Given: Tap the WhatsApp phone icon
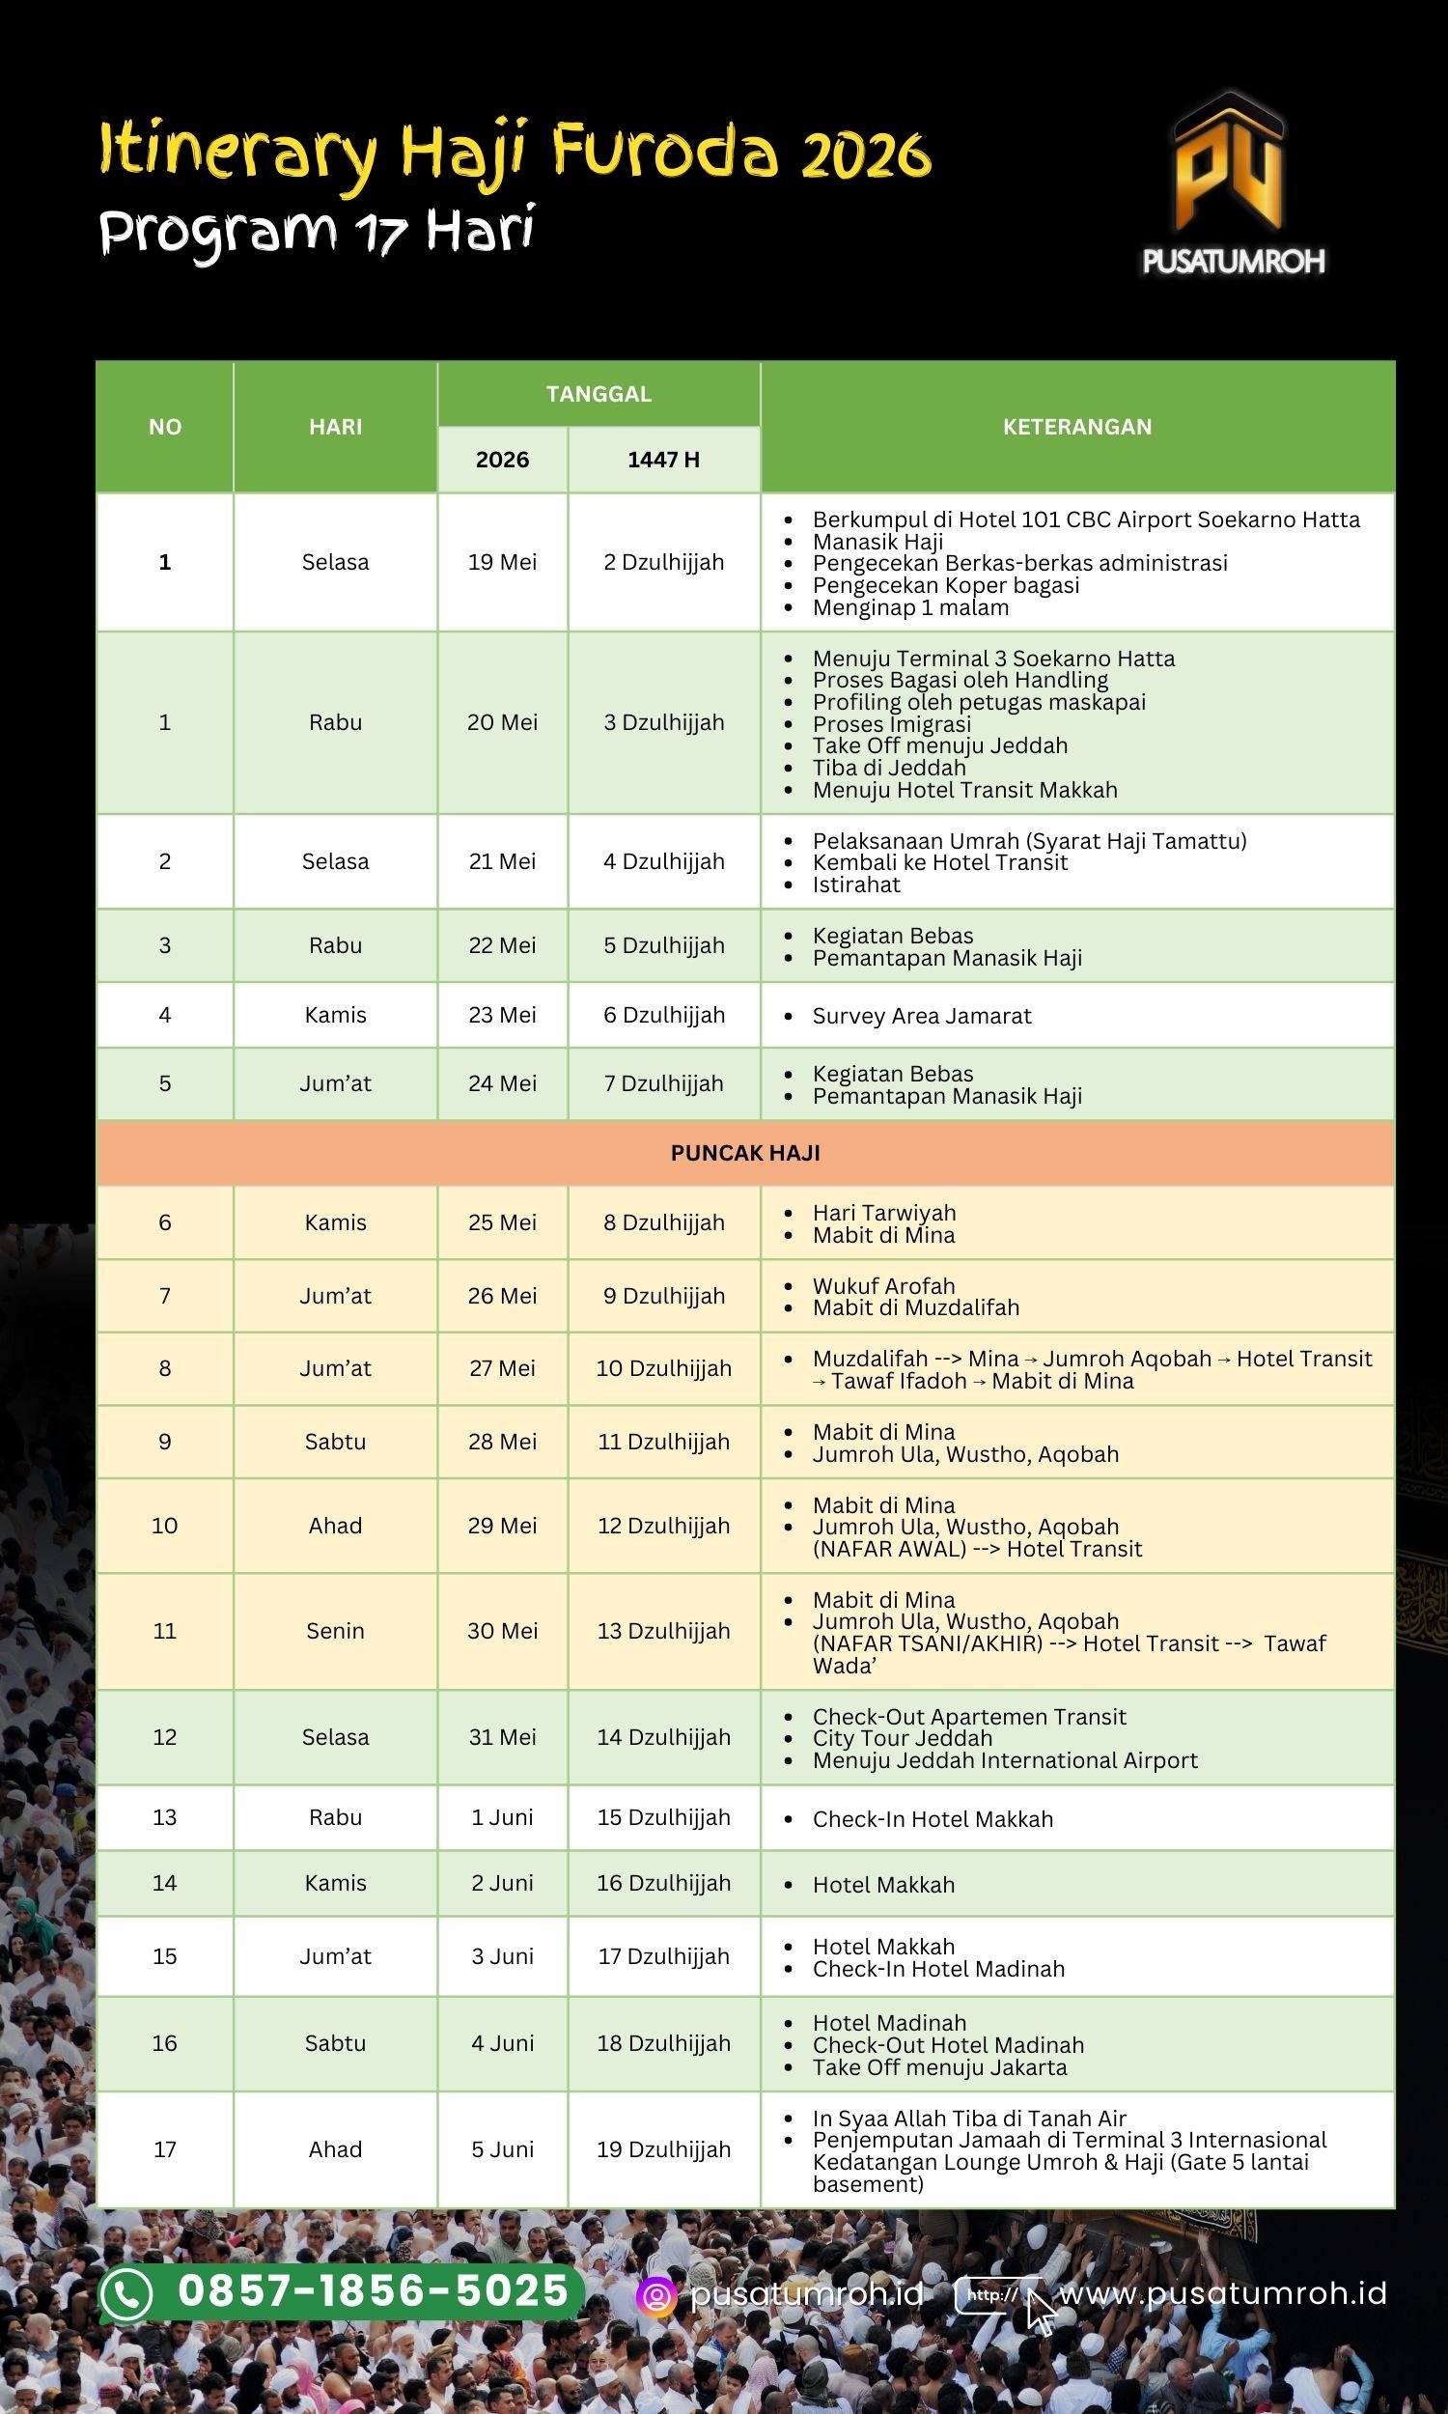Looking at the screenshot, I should (x=127, y=2294).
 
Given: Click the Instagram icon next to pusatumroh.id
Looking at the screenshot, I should (x=655, y=2296).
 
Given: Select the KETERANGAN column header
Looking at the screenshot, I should (x=1077, y=427).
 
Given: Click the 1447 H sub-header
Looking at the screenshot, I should (x=663, y=460).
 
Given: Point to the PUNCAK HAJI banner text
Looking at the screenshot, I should (x=745, y=1152).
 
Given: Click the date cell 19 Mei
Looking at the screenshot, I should (x=503, y=562).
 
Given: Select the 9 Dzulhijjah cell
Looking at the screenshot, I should (x=663, y=1296).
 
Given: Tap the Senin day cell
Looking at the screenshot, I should (x=335, y=1631).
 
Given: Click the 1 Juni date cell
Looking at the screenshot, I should (x=503, y=1817).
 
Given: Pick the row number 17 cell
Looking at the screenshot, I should (x=165, y=2148).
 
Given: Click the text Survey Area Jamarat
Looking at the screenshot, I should (x=921, y=1016).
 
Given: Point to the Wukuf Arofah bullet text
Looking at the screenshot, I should (x=883, y=1286).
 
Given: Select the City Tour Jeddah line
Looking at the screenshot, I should (x=902, y=1738).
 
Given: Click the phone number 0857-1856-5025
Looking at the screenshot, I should (x=373, y=2291).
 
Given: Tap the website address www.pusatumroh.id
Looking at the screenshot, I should (x=1223, y=2293).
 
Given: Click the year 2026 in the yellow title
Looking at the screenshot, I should (x=866, y=154).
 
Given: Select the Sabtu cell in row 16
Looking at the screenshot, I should (x=335, y=2042).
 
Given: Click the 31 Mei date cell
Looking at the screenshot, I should (x=503, y=1737).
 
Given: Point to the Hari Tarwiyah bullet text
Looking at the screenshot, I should (x=884, y=1213).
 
